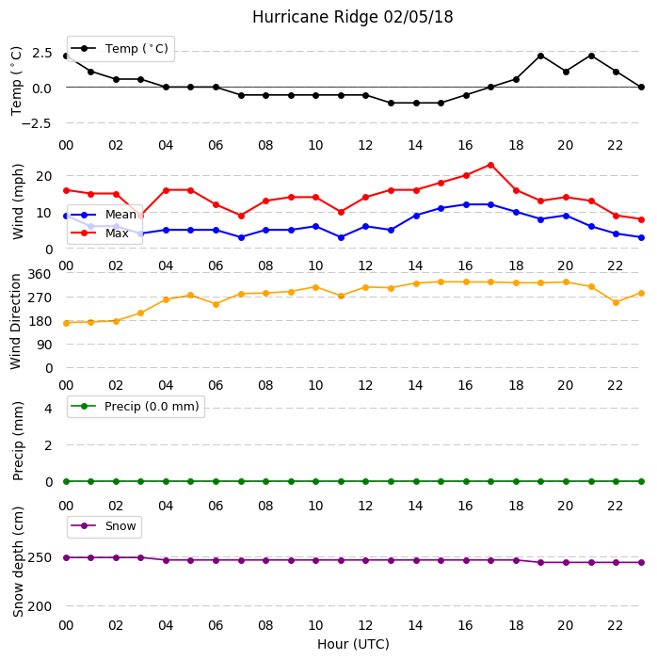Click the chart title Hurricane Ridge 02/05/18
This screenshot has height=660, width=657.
[x=353, y=17]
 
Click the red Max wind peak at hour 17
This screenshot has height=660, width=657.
[x=490, y=165]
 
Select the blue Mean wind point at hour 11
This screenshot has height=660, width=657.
[x=342, y=237]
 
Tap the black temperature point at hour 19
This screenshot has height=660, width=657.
[x=541, y=56]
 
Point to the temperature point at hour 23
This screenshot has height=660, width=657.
[x=641, y=88]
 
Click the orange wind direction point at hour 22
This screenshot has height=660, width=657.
[x=617, y=302]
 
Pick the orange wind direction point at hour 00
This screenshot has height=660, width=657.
[x=66, y=323]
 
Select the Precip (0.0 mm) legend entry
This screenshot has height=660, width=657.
[x=136, y=407]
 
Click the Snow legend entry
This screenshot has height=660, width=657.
[x=104, y=526]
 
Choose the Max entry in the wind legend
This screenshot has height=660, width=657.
[x=100, y=233]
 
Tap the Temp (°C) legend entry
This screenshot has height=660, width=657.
[x=120, y=49]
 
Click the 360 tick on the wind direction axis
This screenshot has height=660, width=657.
[x=40, y=274]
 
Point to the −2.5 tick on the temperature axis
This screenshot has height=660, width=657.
[x=36, y=123]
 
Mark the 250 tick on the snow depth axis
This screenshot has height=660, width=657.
[x=40, y=557]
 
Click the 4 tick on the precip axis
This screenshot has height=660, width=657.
[x=48, y=409]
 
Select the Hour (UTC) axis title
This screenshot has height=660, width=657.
[x=353, y=644]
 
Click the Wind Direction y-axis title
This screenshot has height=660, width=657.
[x=16, y=322]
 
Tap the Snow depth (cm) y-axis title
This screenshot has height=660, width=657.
[x=18, y=562]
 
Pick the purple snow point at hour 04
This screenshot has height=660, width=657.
[x=166, y=560]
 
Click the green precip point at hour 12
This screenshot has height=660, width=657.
[x=366, y=481]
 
